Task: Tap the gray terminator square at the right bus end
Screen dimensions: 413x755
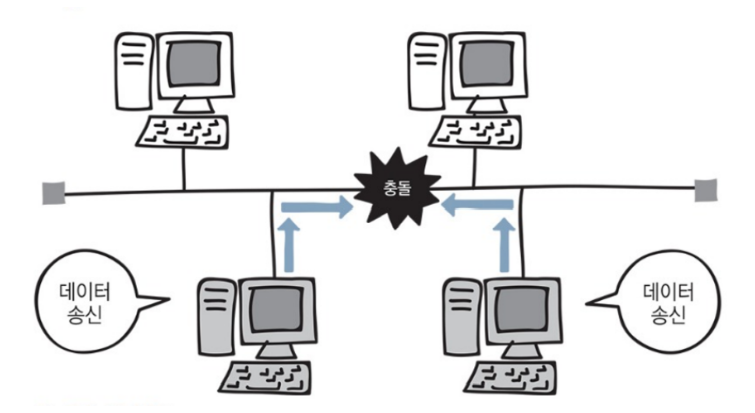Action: (x=706, y=189)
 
